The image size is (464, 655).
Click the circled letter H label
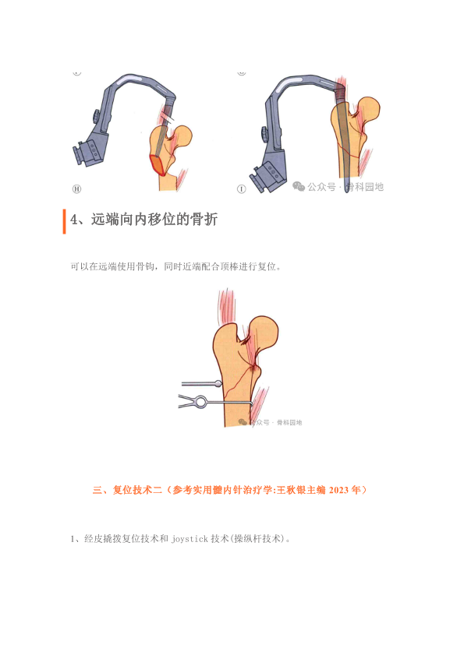[76, 188]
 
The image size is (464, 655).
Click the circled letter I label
[242, 189]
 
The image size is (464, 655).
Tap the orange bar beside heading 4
[65, 221]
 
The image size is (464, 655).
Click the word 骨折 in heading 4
[204, 220]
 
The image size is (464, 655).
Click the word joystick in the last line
[189, 539]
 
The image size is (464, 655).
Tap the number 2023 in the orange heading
[338, 490]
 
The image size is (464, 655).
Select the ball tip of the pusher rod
[218, 383]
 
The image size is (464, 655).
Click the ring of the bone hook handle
[201, 402]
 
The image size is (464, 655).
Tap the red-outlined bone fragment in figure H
[158, 164]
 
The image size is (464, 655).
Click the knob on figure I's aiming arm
[265, 134]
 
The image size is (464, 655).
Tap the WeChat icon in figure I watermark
[299, 186]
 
